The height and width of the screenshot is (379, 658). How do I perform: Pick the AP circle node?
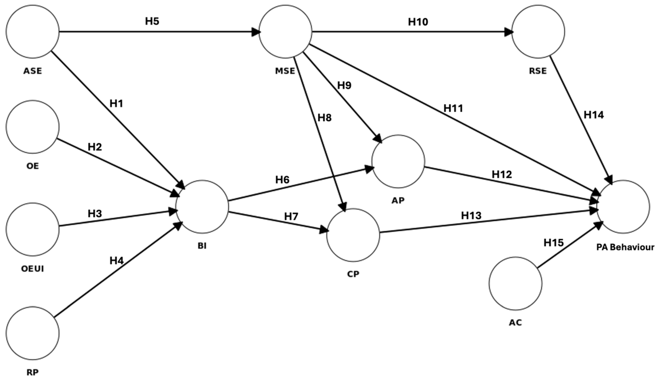pyautogui.click(x=398, y=161)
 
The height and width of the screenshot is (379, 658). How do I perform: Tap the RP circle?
pyautogui.click(x=33, y=333)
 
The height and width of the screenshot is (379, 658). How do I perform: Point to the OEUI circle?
pyautogui.click(x=33, y=229)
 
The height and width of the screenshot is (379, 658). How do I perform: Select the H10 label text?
pyautogui.click(x=418, y=22)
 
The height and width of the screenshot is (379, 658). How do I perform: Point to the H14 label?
pyautogui.click(x=594, y=115)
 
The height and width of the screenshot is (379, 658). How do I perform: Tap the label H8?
pyautogui.click(x=324, y=118)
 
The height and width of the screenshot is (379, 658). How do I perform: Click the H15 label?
pyautogui.click(x=553, y=243)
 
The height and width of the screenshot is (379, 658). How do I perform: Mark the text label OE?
pyautogui.click(x=33, y=166)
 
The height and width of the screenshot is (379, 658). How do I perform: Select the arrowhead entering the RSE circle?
pyautogui.click(x=508, y=32)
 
